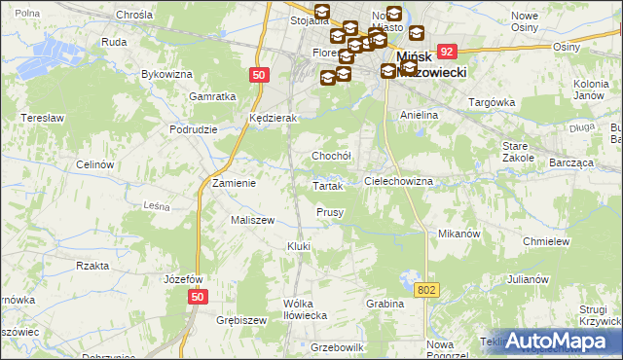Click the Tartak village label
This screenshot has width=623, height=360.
coord(327,186)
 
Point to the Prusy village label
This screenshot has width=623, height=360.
coord(330,212)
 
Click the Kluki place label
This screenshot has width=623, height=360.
coord(298,246)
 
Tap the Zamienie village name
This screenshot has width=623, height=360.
coord(234,183)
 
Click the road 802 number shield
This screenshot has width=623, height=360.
coord(426,290)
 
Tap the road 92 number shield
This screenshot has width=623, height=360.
coord(447,52)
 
